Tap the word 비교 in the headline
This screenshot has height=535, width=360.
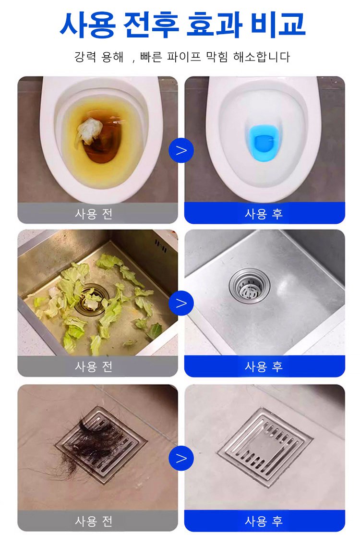pos(277,24)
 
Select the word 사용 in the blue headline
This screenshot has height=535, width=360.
pos(88,24)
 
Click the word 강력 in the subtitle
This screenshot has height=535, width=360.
pos(85,57)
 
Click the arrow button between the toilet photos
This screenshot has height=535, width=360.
pos(181,150)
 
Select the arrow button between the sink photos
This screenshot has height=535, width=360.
pos(181,303)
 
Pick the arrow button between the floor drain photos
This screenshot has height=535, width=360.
pos(181,458)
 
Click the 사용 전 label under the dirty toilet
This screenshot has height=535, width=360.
pos(94,214)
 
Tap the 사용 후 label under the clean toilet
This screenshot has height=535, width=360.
pos(264,214)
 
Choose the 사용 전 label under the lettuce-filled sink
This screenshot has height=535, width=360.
pos(94,367)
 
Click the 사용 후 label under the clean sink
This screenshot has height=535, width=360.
pos(264,367)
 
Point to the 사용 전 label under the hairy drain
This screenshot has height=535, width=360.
pos(94,522)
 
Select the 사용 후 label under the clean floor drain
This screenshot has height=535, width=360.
pos(264,522)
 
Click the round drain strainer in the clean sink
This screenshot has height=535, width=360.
pos(249,286)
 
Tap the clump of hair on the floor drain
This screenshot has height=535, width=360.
pos(89,442)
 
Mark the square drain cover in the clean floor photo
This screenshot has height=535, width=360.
pos(265,447)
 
